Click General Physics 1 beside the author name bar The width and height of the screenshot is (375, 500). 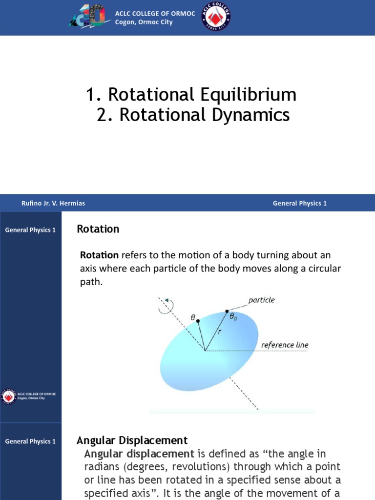point(299,203)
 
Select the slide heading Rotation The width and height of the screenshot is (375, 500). point(98,229)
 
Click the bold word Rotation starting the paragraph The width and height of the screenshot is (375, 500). point(99,255)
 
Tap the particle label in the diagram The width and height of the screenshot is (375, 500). point(262,300)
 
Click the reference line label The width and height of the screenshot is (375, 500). point(285,345)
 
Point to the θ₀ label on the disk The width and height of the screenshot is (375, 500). point(235,316)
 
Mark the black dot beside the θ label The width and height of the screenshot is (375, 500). point(198,321)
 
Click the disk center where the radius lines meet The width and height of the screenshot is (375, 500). point(205,350)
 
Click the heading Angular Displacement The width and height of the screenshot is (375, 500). point(132,440)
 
